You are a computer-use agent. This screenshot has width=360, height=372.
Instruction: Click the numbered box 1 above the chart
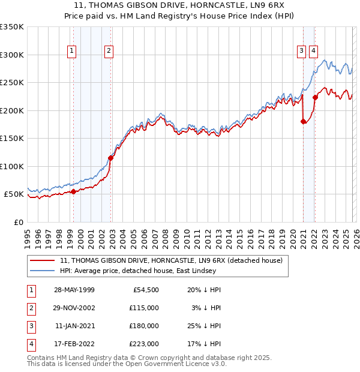coord(72,51)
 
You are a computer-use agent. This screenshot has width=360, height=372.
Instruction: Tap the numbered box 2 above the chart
coord(109,51)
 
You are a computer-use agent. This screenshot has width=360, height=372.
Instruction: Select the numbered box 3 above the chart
coord(301,51)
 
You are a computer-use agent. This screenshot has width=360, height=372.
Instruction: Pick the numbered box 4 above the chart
coord(313,51)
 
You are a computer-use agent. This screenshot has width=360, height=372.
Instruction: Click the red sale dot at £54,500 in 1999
coord(73,191)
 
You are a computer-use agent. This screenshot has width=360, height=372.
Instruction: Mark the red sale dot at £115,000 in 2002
coord(110,158)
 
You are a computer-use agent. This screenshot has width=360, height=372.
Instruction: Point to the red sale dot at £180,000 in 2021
coord(303,122)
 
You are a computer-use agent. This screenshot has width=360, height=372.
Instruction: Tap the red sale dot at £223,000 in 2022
coord(315,97)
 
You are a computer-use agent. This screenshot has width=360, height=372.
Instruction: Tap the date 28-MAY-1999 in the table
coord(74,290)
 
